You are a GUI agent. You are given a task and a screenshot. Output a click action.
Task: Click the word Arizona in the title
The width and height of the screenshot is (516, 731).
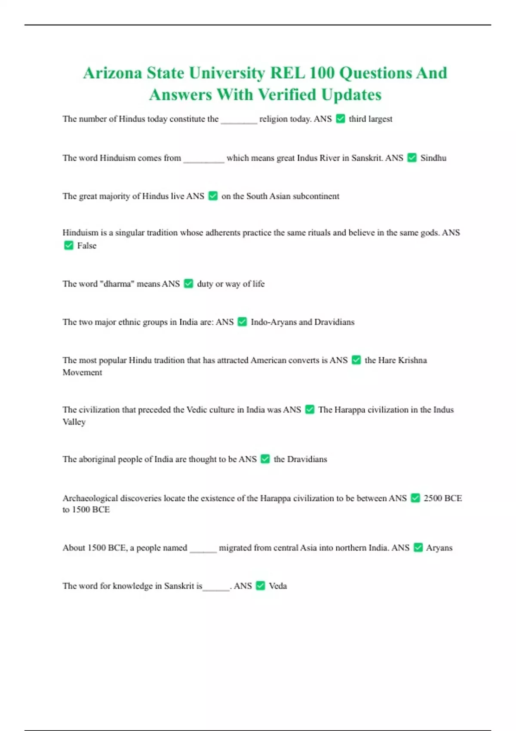[112, 73]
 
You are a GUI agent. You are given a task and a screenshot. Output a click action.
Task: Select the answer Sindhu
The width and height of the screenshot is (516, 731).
[433, 158]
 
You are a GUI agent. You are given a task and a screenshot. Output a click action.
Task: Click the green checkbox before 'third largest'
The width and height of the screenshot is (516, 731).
[340, 119]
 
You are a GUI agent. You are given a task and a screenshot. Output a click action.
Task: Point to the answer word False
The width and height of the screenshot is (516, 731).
[86, 246]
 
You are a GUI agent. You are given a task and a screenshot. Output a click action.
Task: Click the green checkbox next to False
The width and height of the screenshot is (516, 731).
[68, 246]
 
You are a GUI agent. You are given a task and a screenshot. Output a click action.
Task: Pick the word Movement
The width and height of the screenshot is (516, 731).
[82, 372]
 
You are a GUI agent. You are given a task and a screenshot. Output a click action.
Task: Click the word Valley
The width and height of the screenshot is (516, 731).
[74, 422]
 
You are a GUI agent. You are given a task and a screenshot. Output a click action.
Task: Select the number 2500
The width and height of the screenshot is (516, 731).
[433, 498]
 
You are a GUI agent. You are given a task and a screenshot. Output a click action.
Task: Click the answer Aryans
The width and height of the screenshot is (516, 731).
[439, 548]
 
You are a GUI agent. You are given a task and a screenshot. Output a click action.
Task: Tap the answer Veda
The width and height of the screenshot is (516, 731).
[278, 586]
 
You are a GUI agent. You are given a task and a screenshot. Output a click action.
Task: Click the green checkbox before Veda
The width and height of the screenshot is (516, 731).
[260, 586]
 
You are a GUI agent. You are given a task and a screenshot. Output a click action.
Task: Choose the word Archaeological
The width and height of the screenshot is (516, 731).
[90, 498]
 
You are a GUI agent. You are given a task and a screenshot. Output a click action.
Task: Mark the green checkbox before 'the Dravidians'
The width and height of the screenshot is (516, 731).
[265, 459]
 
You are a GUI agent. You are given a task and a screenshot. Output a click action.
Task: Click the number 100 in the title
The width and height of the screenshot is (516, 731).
[322, 73]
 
